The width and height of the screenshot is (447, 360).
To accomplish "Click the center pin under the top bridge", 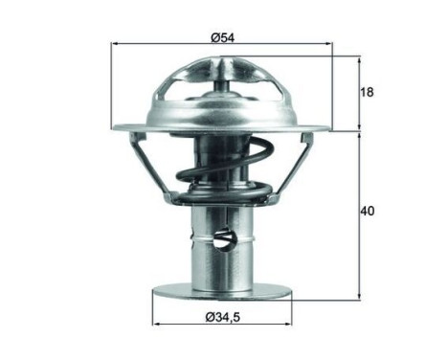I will pos(222,87).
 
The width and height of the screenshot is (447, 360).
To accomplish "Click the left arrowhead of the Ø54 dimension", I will pos(116,45).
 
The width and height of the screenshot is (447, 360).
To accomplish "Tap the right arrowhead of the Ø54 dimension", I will pos(330,45).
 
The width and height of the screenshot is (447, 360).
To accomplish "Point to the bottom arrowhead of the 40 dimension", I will pos(360,294).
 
